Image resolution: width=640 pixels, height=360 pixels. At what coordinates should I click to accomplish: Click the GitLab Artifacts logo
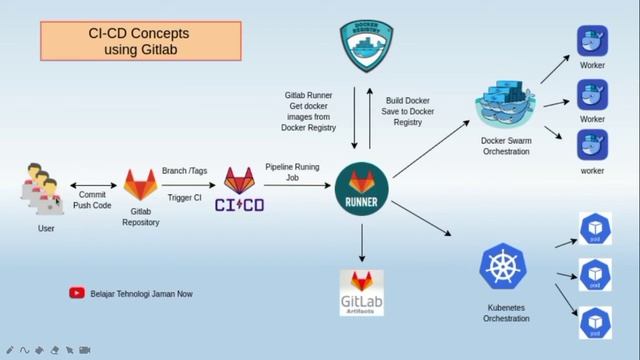click(362, 292)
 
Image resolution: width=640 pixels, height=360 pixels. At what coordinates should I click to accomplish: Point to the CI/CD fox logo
click(239, 189)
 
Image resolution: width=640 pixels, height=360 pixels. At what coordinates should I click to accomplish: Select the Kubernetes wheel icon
click(503, 268)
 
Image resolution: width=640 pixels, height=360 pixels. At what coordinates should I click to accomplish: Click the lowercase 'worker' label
click(593, 171)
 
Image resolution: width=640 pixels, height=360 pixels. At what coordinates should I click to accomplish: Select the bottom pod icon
click(595, 321)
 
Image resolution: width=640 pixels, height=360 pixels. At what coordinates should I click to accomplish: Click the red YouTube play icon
click(76, 293)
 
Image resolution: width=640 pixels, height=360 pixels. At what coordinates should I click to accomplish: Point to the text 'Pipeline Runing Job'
click(292, 172)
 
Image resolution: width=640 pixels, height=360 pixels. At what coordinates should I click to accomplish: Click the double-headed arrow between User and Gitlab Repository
click(94, 186)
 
